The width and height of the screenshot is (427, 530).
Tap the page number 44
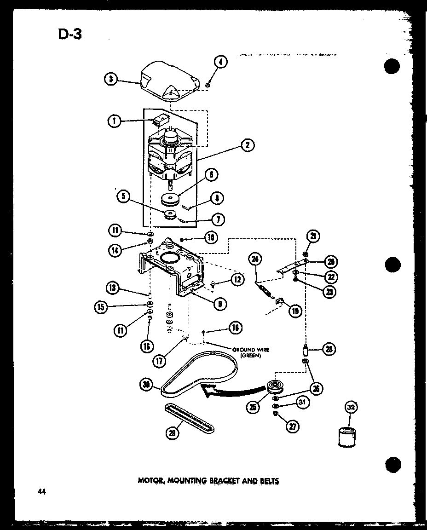(42, 492)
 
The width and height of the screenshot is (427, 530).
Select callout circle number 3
(110, 79)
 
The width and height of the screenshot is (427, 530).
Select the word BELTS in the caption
(268, 481)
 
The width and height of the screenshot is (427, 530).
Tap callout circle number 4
(221, 62)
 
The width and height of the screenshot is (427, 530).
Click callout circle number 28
(329, 350)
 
